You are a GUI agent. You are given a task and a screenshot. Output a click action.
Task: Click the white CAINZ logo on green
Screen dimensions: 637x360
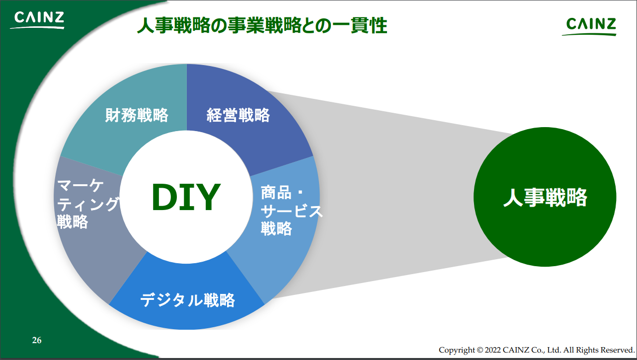click(x=37, y=20)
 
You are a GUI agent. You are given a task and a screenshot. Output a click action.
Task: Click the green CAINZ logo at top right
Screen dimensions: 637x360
click(x=589, y=26)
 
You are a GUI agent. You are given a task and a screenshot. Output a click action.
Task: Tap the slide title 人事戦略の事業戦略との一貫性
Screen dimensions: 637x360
click(x=262, y=25)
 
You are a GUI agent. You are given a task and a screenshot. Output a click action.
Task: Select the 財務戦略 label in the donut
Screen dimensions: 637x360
click(x=137, y=115)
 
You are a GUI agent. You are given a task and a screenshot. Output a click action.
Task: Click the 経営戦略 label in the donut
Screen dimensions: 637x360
click(x=238, y=115)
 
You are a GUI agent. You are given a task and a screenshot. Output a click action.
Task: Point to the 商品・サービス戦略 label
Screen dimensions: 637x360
click(x=292, y=210)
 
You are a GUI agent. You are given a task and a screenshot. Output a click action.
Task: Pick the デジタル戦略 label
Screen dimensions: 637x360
click(x=188, y=300)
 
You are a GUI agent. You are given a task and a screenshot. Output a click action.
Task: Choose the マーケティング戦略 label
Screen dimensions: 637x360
click(x=88, y=204)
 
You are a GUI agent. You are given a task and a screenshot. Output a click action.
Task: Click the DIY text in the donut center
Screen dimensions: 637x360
click(x=186, y=197)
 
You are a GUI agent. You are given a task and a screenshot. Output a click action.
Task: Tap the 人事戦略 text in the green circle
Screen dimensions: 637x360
click(x=545, y=197)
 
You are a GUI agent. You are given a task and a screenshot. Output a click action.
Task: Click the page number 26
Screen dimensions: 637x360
click(x=37, y=340)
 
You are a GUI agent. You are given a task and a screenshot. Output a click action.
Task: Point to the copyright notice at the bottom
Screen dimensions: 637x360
click(x=537, y=350)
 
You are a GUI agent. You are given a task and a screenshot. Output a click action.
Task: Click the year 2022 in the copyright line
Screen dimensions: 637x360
click(x=492, y=350)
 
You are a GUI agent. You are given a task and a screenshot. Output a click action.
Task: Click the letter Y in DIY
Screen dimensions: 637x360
click(x=209, y=197)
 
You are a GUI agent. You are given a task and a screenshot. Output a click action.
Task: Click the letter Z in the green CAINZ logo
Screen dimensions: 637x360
click(x=610, y=24)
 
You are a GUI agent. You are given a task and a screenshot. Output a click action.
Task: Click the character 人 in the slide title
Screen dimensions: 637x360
click(x=146, y=25)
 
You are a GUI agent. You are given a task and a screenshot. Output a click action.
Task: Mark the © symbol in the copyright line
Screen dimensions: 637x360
click(x=480, y=350)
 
